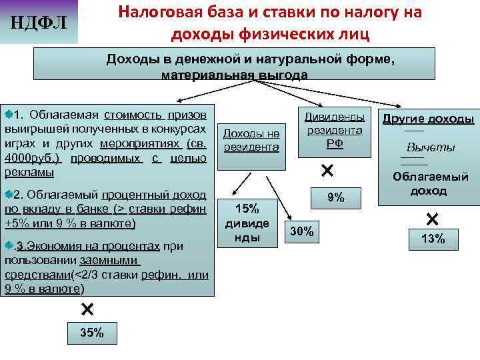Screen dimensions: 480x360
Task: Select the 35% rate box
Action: coord(87,333)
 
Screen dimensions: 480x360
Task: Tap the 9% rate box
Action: coord(335,197)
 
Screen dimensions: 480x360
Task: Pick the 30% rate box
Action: coord(303,231)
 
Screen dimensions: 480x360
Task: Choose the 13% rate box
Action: coord(433,239)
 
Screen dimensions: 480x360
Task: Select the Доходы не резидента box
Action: coord(251,139)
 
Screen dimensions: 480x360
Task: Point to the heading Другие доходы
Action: coord(427,119)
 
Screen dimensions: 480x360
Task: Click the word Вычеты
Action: coord(431,147)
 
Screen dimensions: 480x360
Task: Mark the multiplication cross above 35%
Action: coord(87,309)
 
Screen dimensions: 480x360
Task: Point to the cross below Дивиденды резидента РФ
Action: coord(327,171)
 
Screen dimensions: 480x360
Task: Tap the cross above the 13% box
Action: coord(432,218)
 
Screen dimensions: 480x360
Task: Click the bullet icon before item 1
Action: coord(9,108)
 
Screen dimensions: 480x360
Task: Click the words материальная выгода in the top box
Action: coord(235,75)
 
